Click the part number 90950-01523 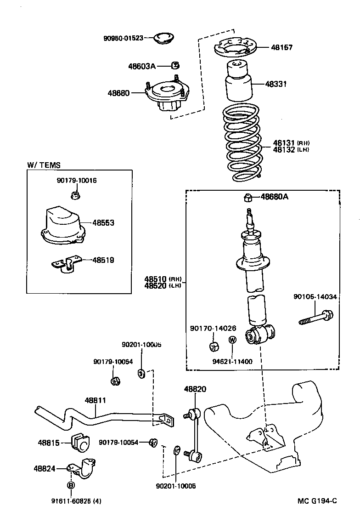pos(123,38)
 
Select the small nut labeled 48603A pos(174,65)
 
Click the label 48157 pos(281,47)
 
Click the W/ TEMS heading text pos(44,165)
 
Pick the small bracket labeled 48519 pos(66,263)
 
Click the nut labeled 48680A pos(247,198)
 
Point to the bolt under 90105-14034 pos(316,318)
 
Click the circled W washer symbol pos(232,340)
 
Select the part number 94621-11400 pos(232,361)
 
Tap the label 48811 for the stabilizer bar pos(95,400)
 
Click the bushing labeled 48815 pos(81,442)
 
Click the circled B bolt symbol pos(71,485)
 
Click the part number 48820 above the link pos(195,389)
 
